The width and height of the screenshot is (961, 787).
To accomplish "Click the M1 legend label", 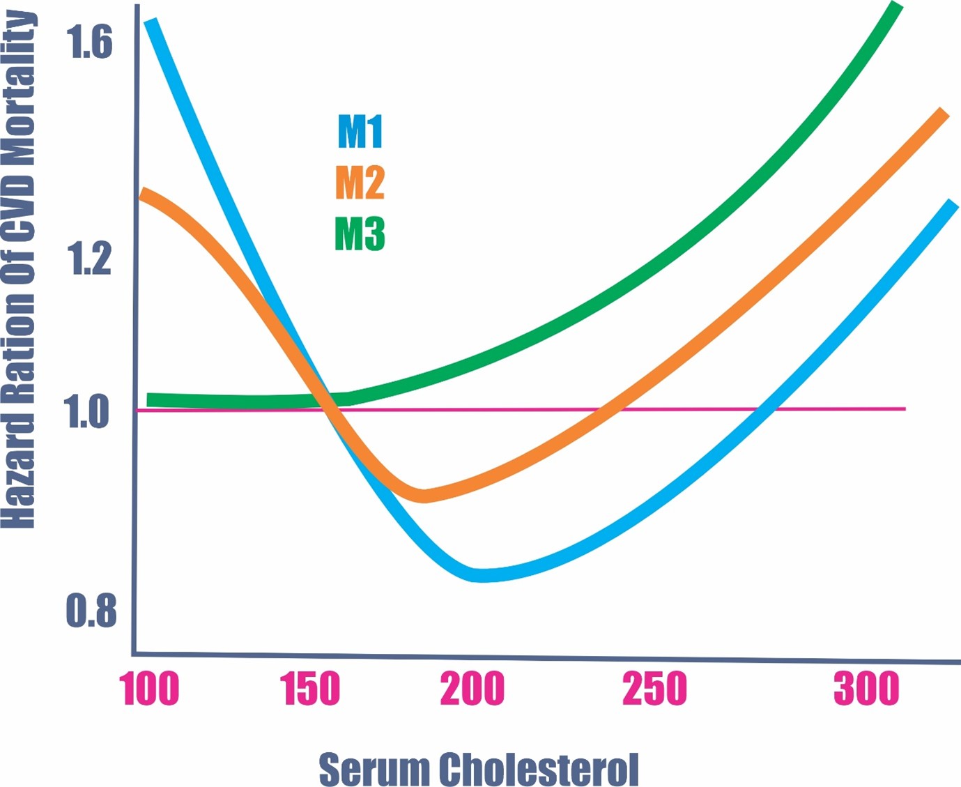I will [x=360, y=131].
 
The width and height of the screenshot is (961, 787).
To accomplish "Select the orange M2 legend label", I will [x=360, y=183].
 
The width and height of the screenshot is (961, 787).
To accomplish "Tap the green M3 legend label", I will [x=360, y=234].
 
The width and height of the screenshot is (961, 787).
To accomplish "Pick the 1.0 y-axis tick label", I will [x=87, y=411].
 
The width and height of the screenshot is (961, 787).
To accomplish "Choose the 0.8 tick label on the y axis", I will [x=91, y=611].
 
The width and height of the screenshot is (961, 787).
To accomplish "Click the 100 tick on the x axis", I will [x=149, y=689].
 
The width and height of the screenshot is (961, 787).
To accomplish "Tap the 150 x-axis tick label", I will [x=310, y=689].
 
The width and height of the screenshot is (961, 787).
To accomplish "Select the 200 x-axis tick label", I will [x=472, y=689].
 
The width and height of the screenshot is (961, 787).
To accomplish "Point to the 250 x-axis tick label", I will [x=654, y=689].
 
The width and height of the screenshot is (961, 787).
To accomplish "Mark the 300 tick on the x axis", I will [x=866, y=689].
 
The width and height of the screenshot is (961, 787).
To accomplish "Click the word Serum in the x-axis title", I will [x=374, y=770].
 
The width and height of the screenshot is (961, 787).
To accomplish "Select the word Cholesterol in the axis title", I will [x=538, y=770].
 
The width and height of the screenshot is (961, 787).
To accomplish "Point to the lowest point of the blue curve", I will [x=481, y=575].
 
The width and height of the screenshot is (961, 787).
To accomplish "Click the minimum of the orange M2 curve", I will [x=423, y=496].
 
